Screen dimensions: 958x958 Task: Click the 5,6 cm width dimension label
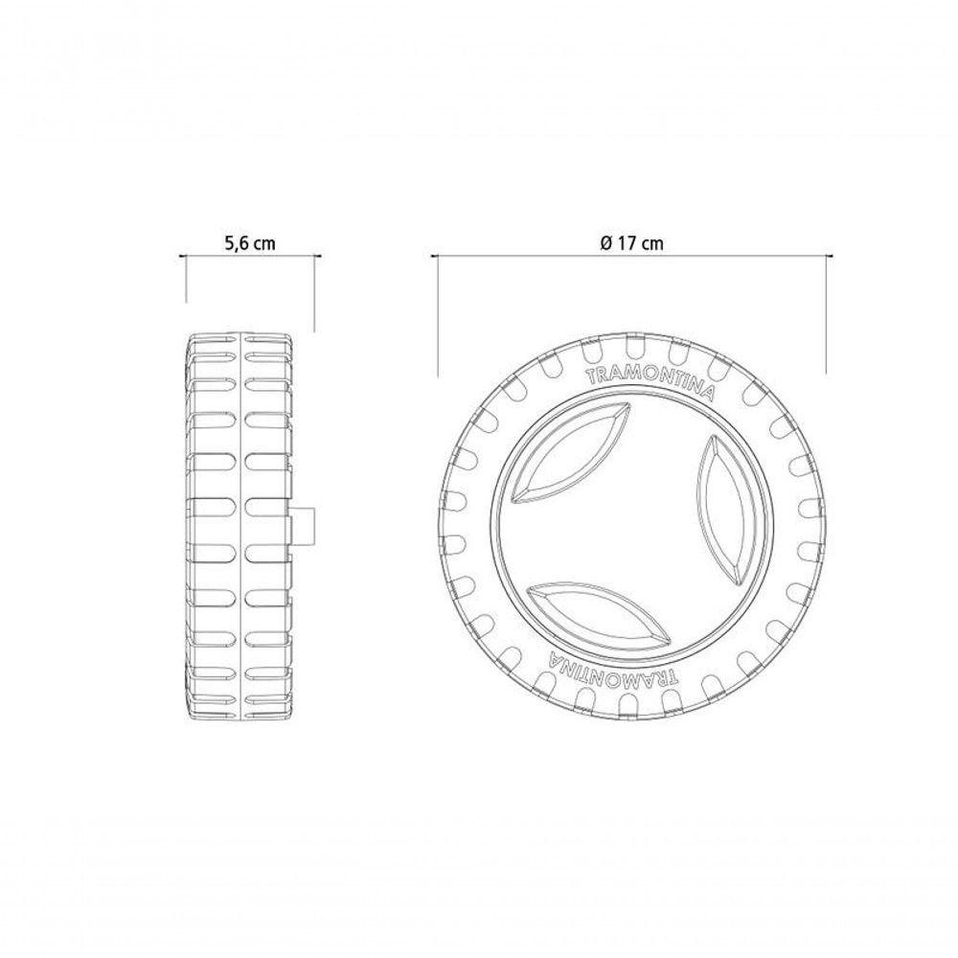click(250, 243)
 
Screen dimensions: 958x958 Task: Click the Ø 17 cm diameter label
click(631, 243)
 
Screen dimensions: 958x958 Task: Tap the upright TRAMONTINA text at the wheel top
click(650, 382)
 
